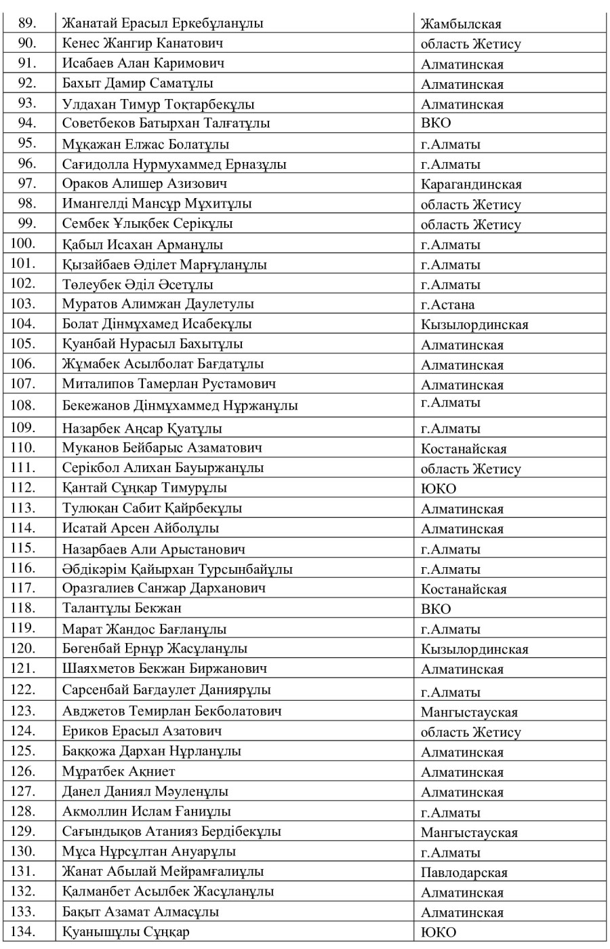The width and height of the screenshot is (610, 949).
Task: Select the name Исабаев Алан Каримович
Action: point(143,64)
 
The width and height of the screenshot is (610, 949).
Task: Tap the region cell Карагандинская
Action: point(471,185)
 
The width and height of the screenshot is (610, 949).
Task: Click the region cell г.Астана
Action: point(447,305)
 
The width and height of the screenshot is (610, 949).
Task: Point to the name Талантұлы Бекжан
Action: point(122,608)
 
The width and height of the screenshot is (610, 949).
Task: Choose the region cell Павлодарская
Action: point(464,872)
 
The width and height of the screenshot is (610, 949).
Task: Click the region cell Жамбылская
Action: point(461,24)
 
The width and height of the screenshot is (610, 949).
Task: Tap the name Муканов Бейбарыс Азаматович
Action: point(163,448)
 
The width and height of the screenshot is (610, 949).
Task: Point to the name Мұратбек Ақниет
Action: point(119,771)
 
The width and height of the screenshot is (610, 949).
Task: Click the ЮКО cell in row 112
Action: point(439,488)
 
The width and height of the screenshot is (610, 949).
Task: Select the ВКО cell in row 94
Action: point(436,123)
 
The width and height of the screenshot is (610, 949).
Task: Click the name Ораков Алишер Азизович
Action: point(144,184)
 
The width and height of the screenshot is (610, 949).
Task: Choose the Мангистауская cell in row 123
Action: point(469,712)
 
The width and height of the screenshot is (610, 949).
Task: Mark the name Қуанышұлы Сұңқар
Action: point(126,931)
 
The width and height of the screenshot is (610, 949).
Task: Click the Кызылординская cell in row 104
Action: point(474,325)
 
